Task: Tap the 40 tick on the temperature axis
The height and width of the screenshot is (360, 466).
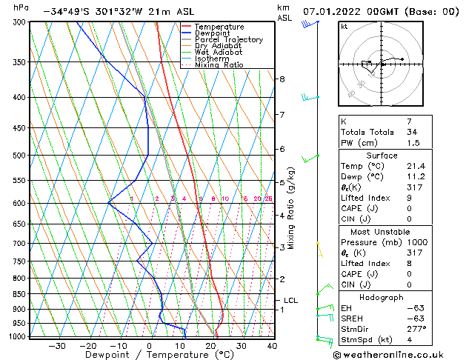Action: [x=272, y=346]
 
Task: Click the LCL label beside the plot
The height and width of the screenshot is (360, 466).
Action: [x=290, y=300]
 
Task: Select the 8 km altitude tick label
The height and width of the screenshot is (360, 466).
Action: [x=282, y=79]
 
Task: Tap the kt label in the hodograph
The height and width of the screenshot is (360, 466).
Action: [x=344, y=26]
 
